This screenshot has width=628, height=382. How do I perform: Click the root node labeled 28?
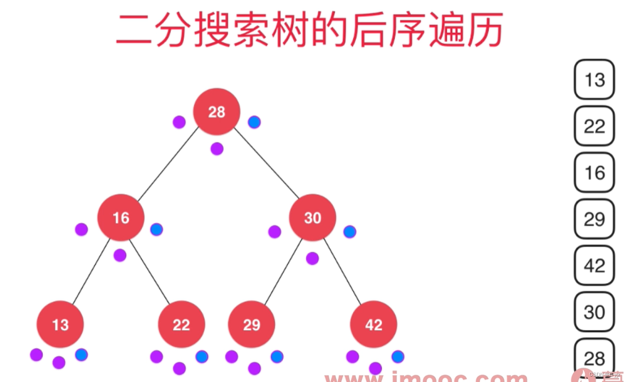click(x=216, y=112)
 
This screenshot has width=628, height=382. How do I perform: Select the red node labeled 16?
click(x=121, y=218)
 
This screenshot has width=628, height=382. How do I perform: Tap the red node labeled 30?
click(x=313, y=218)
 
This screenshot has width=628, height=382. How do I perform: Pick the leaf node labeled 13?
click(x=60, y=325)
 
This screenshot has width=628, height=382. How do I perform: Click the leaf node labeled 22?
click(x=181, y=325)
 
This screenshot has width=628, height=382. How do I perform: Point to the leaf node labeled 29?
click(x=251, y=325)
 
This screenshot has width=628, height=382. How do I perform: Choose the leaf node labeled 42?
click(x=374, y=325)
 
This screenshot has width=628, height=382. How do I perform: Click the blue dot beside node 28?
click(x=254, y=122)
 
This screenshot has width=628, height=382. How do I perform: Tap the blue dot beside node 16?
click(x=157, y=229)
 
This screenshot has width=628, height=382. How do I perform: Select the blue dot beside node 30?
click(x=350, y=232)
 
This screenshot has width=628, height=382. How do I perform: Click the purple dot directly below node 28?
click(x=217, y=148)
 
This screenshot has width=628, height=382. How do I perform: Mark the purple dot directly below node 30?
click(x=312, y=258)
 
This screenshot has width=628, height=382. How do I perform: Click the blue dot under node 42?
click(x=398, y=357)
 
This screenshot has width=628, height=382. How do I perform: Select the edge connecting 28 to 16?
click(x=168, y=164)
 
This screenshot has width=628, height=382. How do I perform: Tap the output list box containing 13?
click(x=594, y=79)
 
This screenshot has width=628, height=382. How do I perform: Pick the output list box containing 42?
click(x=594, y=265)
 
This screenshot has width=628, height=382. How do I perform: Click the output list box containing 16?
click(x=594, y=172)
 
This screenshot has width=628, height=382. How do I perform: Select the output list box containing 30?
click(x=594, y=312)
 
